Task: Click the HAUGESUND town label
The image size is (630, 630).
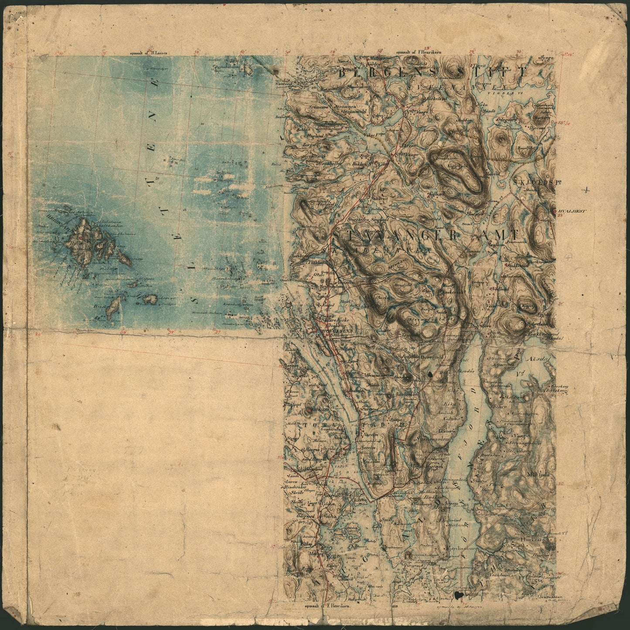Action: tap(335, 331)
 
